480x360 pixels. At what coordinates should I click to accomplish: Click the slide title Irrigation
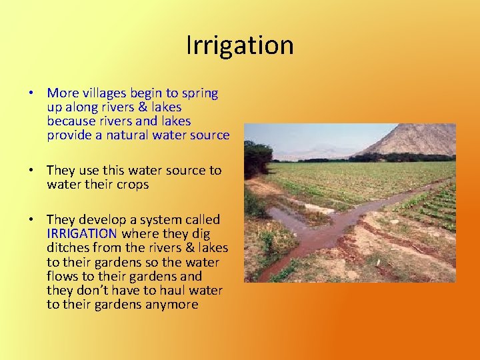pos(239,45)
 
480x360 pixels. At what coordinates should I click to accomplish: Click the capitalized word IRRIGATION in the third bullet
pos(82,233)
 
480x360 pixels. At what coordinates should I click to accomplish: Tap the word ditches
pos(70,248)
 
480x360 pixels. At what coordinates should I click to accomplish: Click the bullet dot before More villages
pos(32,93)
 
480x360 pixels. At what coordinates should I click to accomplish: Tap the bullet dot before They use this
pos(32,171)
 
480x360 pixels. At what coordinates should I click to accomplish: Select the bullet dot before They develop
pos(32,220)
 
